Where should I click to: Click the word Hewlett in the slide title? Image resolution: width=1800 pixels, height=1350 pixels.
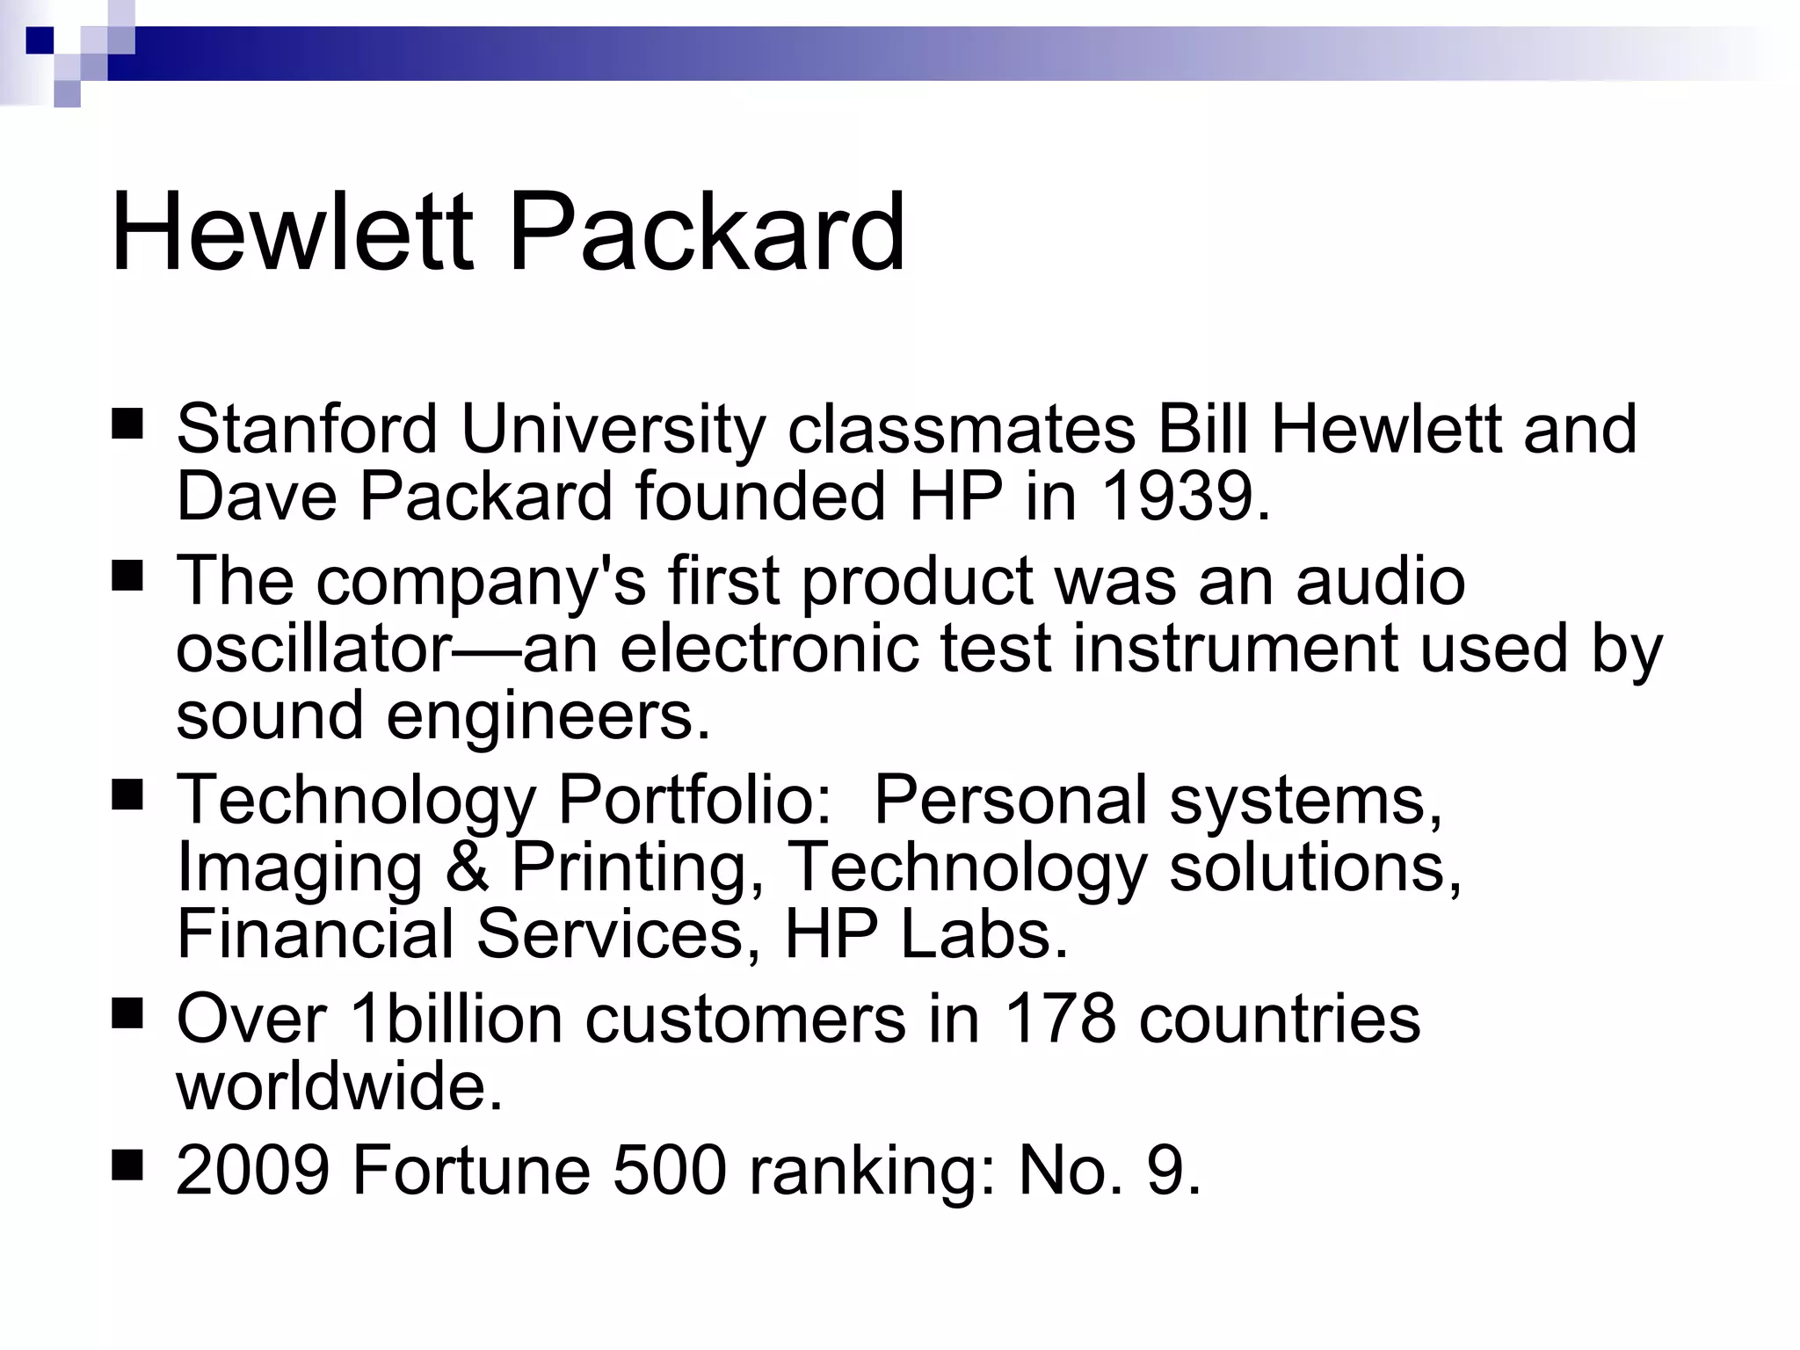click(x=292, y=233)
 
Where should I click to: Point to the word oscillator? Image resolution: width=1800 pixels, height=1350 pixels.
click(x=314, y=649)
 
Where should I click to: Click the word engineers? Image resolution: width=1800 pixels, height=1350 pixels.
click(x=547, y=715)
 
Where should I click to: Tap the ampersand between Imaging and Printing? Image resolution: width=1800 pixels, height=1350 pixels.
click(x=468, y=867)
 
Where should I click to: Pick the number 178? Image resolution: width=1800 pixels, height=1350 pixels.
click(x=1059, y=1020)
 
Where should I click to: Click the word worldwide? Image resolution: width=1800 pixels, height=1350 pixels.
click(x=339, y=1086)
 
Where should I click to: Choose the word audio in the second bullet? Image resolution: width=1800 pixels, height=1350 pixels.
click(x=1380, y=582)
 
